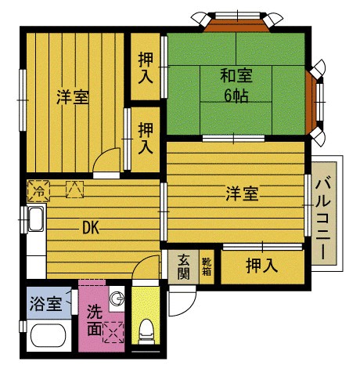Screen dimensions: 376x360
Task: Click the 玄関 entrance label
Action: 184,266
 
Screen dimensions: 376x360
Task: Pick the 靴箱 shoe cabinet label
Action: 207,266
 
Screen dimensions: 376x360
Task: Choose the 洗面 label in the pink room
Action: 94,319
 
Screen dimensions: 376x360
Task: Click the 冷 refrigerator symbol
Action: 38,190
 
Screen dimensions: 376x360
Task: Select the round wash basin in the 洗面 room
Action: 117,298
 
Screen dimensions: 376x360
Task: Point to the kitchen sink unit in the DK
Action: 34,220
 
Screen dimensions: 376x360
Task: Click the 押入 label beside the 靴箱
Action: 261,266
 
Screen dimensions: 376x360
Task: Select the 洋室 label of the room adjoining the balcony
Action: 243,193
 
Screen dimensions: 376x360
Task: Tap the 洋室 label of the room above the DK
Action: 72,97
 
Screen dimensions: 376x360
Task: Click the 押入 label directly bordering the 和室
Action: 146,68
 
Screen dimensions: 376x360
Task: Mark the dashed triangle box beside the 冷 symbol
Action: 74,190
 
